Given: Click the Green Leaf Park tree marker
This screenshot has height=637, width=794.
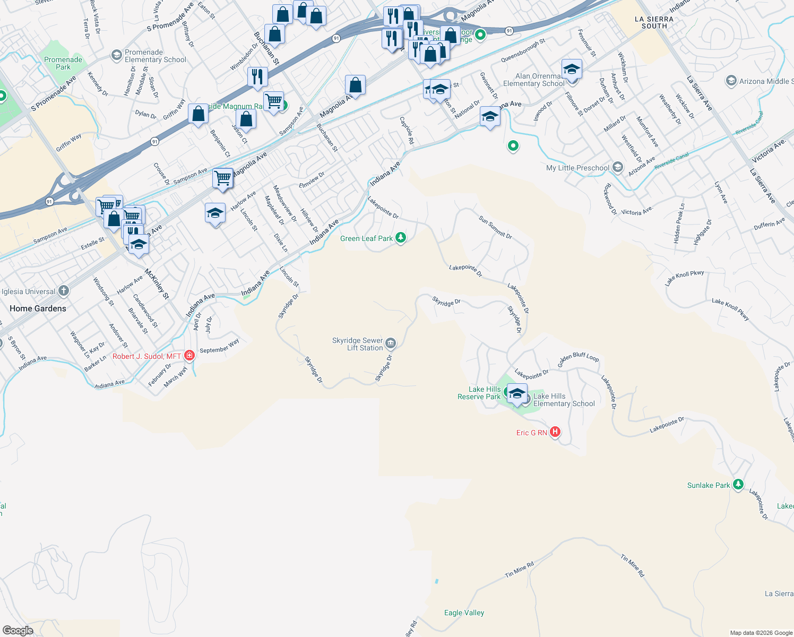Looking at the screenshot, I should pos(401,238).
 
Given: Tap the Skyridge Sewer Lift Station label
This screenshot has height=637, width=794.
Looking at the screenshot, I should pos(357,344).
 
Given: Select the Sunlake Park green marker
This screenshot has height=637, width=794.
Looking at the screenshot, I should pos(738,485).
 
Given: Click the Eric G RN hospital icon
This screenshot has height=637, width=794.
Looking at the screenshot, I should pos(555,432).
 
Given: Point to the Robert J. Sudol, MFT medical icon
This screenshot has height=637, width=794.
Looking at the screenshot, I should pos(189,356).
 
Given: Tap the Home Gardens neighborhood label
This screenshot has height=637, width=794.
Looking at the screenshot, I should pos(38,308).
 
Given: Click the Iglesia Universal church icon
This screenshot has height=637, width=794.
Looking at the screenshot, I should pos(64,291).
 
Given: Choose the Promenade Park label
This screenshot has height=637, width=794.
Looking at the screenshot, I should pos(63,63).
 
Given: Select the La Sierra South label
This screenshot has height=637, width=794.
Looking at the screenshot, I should pos(654,22).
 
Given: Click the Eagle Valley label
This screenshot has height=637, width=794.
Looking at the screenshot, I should pos(464,613).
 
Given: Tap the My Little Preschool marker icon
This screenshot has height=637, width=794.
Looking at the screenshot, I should pos(617,167).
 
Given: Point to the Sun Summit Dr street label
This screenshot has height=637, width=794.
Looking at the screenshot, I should pos(495,227).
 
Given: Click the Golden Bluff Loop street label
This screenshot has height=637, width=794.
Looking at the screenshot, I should pos(578,359).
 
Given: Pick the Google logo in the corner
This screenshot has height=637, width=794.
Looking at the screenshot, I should pos(18,631).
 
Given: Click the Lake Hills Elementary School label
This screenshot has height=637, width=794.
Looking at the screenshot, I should pos(564,400).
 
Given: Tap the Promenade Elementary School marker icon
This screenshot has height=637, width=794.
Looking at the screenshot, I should pos(116,55).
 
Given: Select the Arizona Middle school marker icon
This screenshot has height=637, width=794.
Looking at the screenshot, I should pos(731,81).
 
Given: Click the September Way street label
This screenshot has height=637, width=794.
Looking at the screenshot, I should pos(219,346).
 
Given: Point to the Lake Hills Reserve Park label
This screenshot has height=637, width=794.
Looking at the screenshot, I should pos(479,393).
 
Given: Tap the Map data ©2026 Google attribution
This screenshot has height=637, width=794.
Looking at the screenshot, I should pos(761,633).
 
